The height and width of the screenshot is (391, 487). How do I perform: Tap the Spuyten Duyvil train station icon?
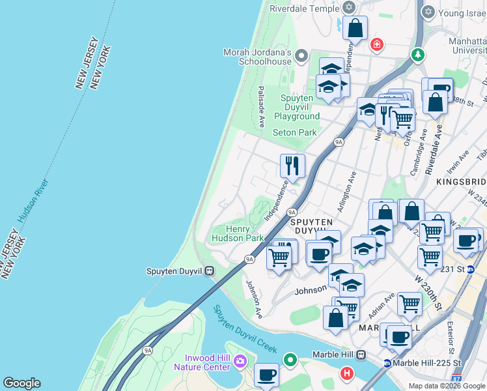[x=209, y=270]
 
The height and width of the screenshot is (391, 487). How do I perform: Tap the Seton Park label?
[x=294, y=132]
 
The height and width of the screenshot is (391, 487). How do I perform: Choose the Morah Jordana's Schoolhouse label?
[x=257, y=57]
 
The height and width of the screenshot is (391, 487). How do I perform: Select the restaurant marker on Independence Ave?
[x=292, y=166]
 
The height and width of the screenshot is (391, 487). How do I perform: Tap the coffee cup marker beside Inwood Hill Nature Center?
[x=266, y=375]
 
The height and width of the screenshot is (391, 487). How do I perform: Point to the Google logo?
[x=21, y=383]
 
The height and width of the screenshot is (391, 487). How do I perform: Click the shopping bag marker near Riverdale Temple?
[x=355, y=28]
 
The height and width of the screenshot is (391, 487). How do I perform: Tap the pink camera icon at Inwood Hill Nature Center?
[x=240, y=360]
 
